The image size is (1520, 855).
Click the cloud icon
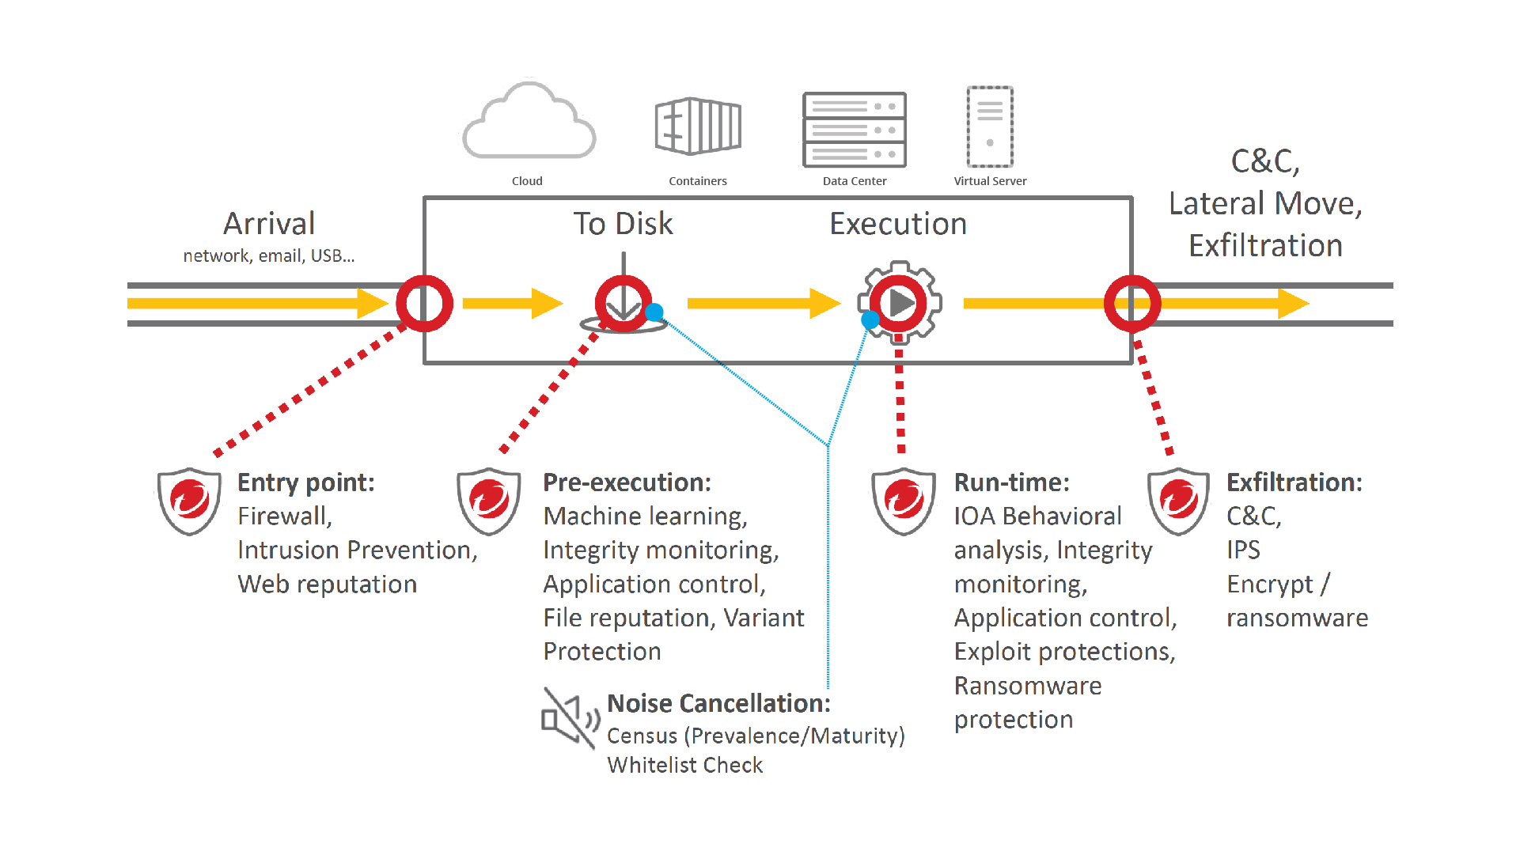pos(529,123)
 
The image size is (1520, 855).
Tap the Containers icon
pos(698,126)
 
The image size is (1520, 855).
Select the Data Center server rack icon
pos(855,130)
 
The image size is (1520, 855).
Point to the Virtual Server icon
pos(990,127)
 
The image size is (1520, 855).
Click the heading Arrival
pos(269,224)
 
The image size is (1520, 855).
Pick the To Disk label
pos(623,224)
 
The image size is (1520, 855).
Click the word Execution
pos(898,224)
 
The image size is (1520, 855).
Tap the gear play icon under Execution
pos(900,303)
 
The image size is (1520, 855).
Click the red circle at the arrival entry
pos(425,304)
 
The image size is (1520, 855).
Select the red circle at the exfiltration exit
pos(1132,304)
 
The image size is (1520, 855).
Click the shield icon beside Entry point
pos(189,501)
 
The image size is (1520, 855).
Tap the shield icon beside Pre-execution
pos(489,501)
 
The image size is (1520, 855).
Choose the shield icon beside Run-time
pos(904,501)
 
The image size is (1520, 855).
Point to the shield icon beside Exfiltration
pos(1178,501)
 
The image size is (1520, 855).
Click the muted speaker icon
pos(569,718)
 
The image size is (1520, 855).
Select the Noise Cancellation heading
pos(718,703)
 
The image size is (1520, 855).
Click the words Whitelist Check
pos(684,766)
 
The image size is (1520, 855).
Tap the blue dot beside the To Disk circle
pos(654,312)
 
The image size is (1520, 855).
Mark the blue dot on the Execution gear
pos(870,320)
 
